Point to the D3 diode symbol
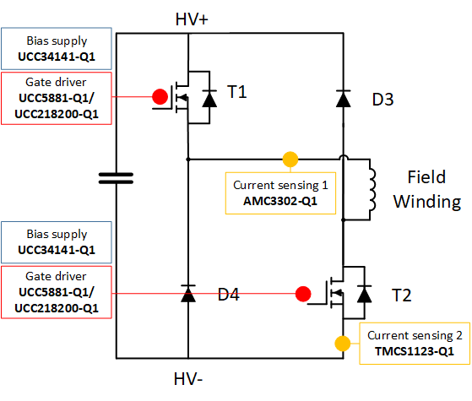coord(343,99)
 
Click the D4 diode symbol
coord(187,295)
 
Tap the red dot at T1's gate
coord(159,97)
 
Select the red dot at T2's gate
coord(302,295)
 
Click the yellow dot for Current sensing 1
coord(290,158)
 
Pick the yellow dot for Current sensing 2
coord(343,344)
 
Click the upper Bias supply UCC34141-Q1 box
coord(56,51)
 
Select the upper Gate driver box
coord(56,98)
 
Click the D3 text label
coord(382,99)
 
